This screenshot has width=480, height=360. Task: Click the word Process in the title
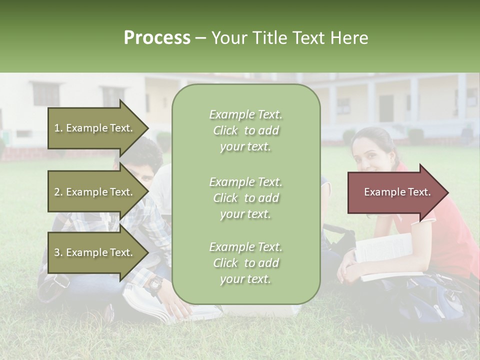click(x=157, y=38)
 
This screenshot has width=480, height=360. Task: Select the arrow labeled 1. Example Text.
click(x=95, y=128)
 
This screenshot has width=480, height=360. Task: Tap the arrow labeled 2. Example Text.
click(x=95, y=192)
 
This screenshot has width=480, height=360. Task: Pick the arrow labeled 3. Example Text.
click(x=95, y=252)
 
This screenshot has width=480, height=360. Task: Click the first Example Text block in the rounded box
click(x=245, y=130)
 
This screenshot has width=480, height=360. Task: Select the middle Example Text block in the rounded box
click(x=245, y=198)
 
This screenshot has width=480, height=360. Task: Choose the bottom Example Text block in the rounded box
click(x=245, y=263)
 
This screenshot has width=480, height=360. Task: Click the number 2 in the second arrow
click(x=56, y=192)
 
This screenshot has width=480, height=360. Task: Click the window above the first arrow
click(x=46, y=94)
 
